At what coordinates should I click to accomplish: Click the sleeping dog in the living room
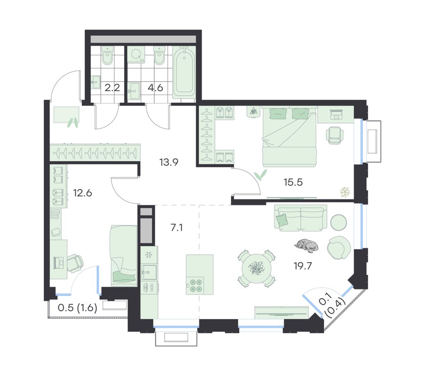click(x=306, y=245)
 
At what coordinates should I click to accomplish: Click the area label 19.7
click(x=303, y=266)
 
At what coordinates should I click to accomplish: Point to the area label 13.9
click(x=169, y=162)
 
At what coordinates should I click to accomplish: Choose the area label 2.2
click(x=112, y=88)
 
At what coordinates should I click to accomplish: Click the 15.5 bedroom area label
click(x=293, y=182)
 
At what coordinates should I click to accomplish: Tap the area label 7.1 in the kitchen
click(x=176, y=227)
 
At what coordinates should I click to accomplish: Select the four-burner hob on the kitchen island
click(x=195, y=285)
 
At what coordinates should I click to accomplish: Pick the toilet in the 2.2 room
click(x=107, y=55)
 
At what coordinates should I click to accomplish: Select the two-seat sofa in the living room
click(x=301, y=218)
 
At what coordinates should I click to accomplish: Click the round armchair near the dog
click(x=338, y=247)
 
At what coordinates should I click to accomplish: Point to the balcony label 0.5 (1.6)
click(x=78, y=308)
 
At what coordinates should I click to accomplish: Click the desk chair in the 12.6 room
click(x=75, y=263)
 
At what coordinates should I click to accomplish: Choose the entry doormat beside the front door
click(x=66, y=115)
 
